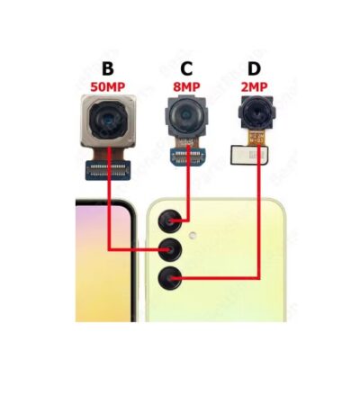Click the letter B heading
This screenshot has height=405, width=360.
tap(108, 68)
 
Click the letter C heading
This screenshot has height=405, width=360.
tap(186, 68)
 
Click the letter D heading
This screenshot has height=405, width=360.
tap(254, 68)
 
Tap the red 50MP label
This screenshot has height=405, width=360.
tap(108, 87)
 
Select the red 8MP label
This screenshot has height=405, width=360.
tap(186, 87)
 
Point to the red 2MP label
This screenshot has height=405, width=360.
tap(254, 87)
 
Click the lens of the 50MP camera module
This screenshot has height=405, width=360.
tap(108, 120)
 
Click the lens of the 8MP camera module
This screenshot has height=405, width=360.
tap(186, 115)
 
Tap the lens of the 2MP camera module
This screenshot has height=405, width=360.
tap(256, 113)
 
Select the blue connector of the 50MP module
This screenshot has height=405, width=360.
tap(108, 170)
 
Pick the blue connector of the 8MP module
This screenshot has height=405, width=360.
tap(188, 157)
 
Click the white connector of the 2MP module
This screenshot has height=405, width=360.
tap(249, 155)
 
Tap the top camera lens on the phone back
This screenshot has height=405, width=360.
tap(170, 221)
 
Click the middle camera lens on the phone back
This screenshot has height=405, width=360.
tap(170, 249)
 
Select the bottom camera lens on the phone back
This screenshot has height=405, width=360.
tap(170, 278)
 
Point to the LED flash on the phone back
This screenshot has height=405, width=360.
tap(193, 236)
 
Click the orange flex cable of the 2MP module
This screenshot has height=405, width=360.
tap(256, 138)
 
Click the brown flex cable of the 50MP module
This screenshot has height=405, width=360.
tap(108, 154)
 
